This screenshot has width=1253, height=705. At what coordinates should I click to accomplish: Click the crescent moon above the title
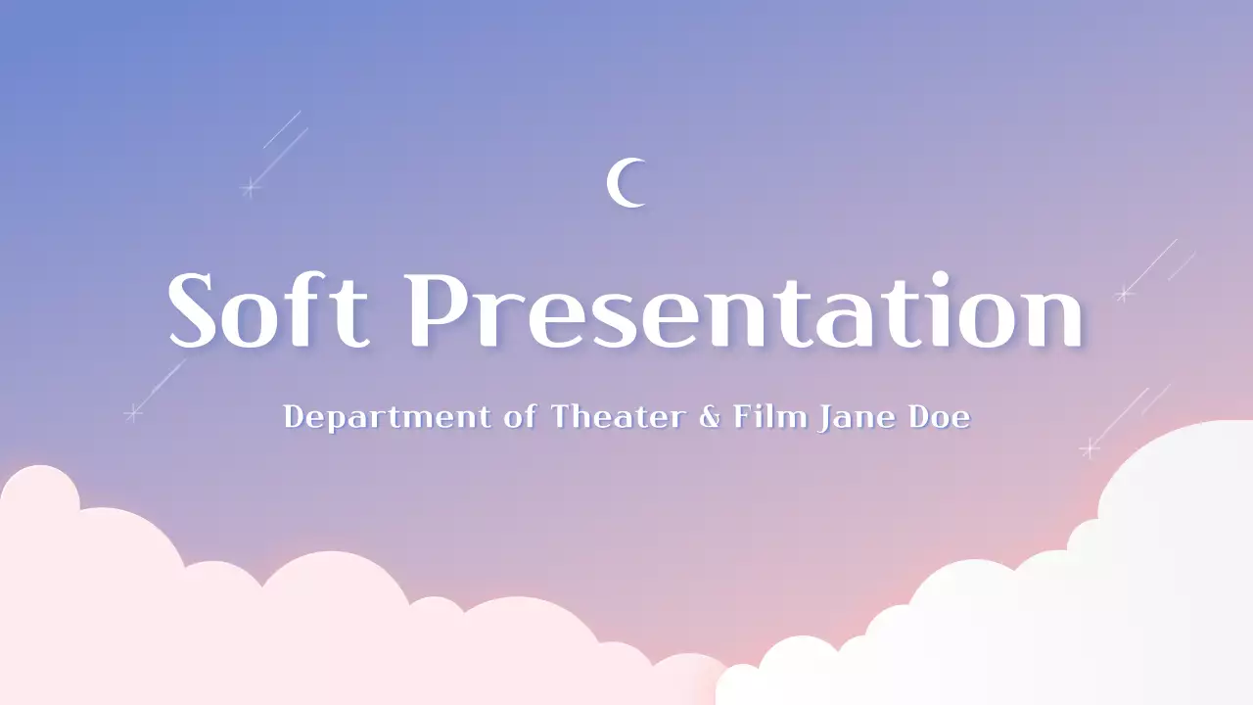(625, 183)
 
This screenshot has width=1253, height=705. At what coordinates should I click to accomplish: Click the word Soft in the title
(267, 310)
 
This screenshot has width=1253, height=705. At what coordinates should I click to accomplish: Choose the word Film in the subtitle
(769, 416)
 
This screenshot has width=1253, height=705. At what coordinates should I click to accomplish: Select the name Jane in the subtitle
(859, 417)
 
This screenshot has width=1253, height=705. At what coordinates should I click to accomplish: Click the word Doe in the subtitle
(940, 417)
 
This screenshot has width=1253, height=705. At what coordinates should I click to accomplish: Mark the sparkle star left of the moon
(251, 187)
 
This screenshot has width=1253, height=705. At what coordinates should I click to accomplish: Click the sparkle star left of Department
(133, 413)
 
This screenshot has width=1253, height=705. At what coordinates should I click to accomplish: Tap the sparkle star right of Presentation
(1124, 293)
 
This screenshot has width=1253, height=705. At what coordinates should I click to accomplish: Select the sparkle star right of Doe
(1089, 448)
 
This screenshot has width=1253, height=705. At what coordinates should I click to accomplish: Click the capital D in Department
(293, 417)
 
